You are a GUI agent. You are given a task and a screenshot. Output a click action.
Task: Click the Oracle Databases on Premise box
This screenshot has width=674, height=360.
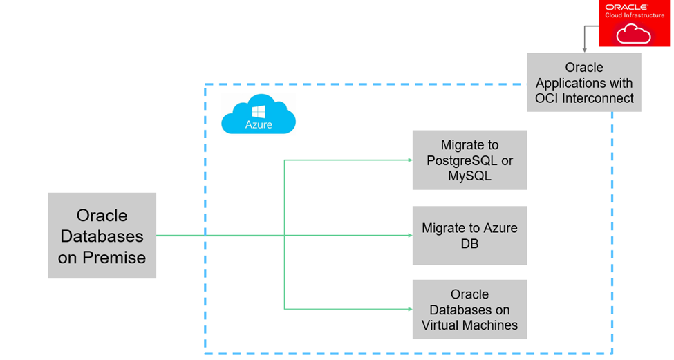[102, 236]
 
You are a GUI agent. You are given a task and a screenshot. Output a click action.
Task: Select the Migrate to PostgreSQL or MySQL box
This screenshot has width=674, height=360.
[469, 160]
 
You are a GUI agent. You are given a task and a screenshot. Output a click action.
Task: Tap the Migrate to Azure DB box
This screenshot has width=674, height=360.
[469, 236]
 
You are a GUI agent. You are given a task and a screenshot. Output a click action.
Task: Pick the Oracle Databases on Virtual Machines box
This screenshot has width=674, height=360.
[469, 310]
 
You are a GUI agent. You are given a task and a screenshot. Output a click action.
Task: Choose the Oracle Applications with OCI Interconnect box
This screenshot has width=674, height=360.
[584, 82]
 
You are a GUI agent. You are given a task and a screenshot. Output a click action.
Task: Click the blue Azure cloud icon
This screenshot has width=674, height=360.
[259, 115]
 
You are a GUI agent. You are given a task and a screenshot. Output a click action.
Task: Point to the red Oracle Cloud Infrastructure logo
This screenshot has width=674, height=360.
[634, 23]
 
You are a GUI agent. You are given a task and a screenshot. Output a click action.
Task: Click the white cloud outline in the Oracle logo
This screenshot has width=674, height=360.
[633, 33]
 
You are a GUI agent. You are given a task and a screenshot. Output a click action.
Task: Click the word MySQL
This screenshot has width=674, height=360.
[469, 176]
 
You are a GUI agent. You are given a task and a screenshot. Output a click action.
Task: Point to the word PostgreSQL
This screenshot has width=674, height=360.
[460, 160]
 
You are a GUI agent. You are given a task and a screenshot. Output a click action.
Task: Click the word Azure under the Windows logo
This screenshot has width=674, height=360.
[259, 125]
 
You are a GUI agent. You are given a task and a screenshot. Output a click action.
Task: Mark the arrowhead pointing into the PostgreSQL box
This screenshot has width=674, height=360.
[409, 160]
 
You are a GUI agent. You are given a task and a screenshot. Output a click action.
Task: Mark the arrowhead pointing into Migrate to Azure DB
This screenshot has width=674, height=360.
[409, 236]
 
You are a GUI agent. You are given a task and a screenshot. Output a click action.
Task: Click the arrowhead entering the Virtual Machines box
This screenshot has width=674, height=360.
[409, 309]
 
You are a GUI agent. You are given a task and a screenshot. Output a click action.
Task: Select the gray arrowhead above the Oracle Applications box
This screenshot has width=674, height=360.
[584, 50]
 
